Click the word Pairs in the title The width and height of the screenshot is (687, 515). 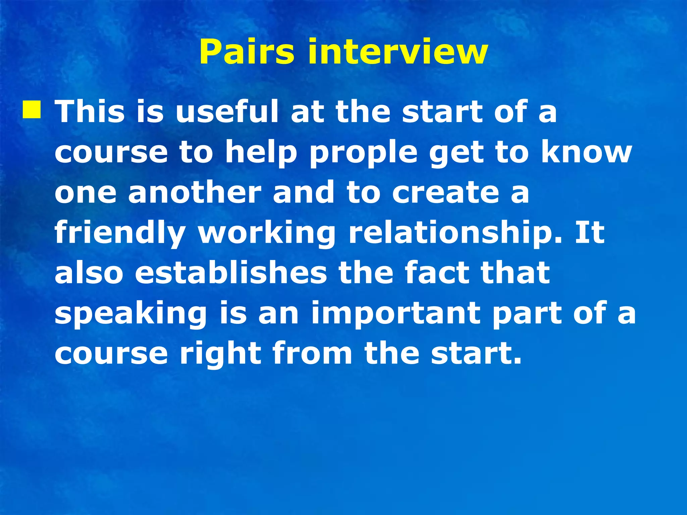247,52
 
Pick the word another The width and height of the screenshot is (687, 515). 195,192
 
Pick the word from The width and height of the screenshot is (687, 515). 312,354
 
